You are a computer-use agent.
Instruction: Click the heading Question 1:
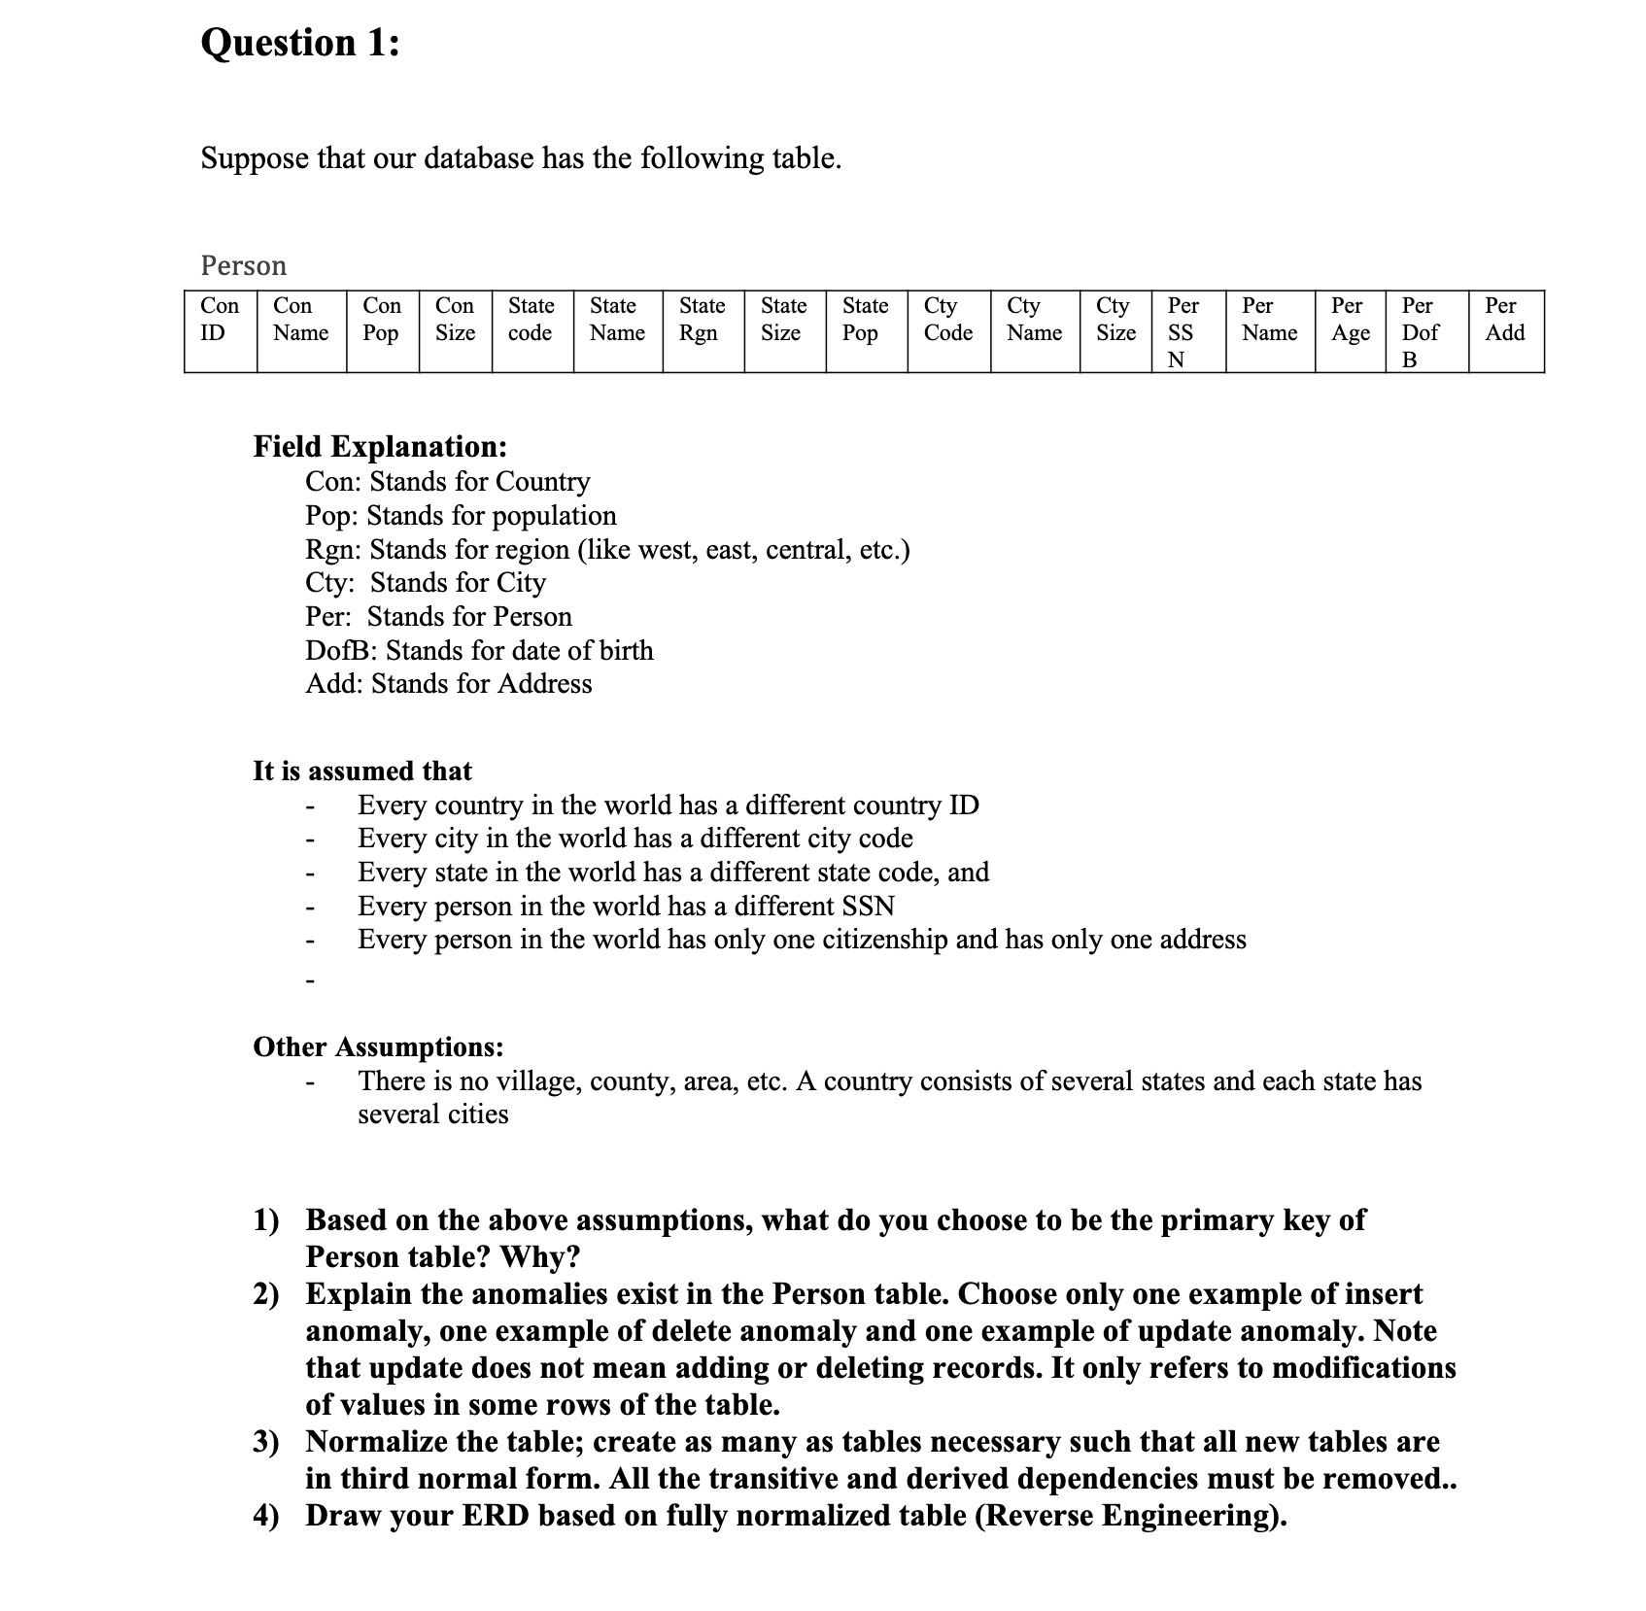299,44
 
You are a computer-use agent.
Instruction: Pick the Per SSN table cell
1181,332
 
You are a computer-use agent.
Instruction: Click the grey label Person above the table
243,265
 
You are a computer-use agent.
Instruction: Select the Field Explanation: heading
380,446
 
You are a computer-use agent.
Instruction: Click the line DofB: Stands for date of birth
479,650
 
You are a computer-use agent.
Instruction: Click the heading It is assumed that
361,771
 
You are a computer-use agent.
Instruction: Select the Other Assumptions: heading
378,1046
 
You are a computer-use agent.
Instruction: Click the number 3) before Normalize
266,1442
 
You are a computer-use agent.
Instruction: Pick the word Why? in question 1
539,1257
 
